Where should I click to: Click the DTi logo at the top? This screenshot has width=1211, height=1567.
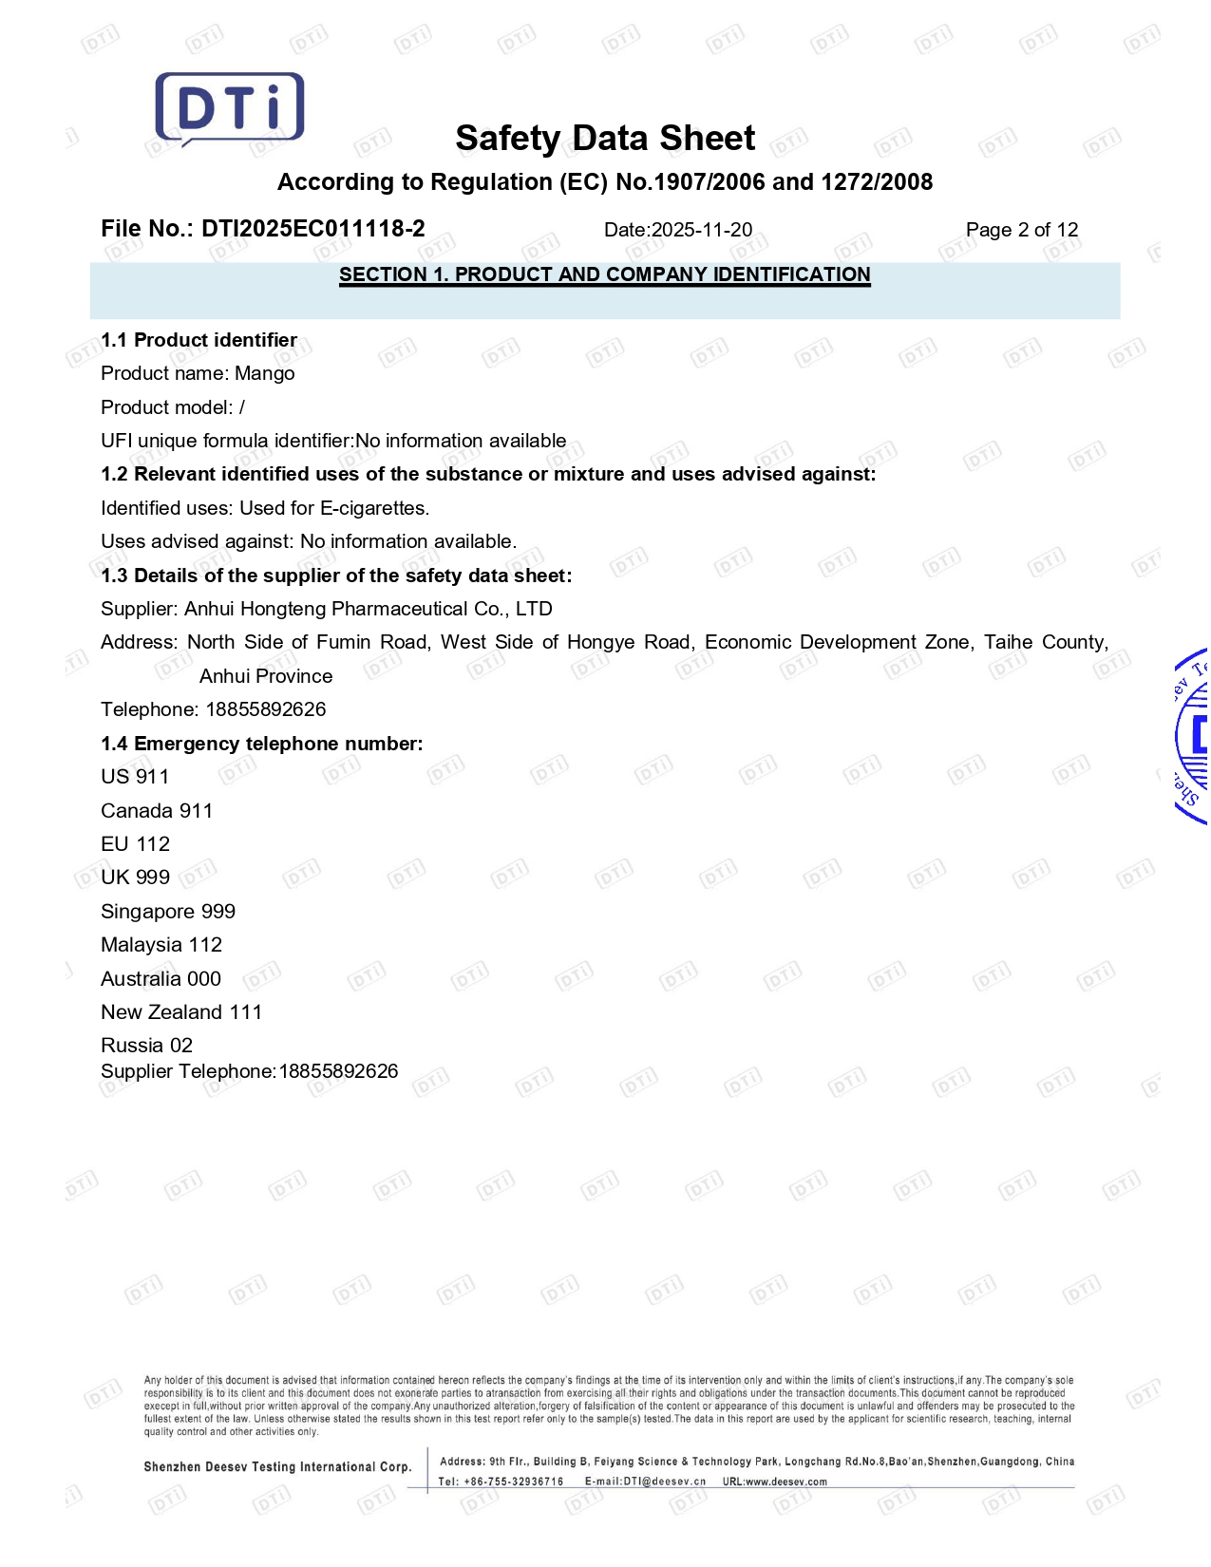point(229,108)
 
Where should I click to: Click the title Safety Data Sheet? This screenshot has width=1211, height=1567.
point(605,139)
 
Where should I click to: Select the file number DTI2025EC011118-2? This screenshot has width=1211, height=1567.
point(313,229)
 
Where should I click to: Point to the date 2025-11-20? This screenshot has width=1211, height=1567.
point(702,230)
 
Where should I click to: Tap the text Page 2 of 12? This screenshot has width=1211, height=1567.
point(1021,230)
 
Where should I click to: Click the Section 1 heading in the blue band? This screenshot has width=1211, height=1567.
point(604,275)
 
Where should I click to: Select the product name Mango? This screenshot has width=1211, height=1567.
point(265,374)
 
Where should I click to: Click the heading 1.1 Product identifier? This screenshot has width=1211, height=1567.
point(199,340)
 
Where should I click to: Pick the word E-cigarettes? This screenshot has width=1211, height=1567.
point(374,508)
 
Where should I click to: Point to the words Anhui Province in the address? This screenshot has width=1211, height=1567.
point(266,676)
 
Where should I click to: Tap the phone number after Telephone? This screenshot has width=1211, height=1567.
point(266,709)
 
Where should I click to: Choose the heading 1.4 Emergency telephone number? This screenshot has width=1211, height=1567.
point(261,744)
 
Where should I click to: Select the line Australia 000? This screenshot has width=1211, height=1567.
point(161,979)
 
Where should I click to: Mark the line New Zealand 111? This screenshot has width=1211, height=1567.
point(181,1012)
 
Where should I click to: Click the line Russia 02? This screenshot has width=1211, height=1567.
point(146,1046)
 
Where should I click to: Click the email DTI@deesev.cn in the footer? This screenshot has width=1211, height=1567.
point(664,1482)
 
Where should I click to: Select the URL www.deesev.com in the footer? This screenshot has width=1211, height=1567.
point(785,1482)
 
